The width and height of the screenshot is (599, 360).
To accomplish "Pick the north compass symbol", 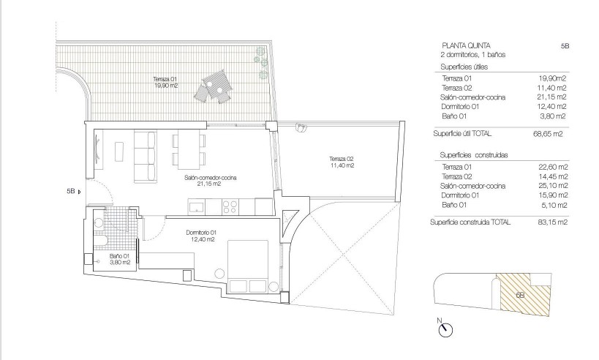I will (x=443, y=329).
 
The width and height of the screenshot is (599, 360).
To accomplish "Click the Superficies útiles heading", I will (x=464, y=67).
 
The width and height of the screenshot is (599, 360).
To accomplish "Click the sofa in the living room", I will (x=146, y=151).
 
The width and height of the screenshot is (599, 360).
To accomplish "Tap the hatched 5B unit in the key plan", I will (x=519, y=294).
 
